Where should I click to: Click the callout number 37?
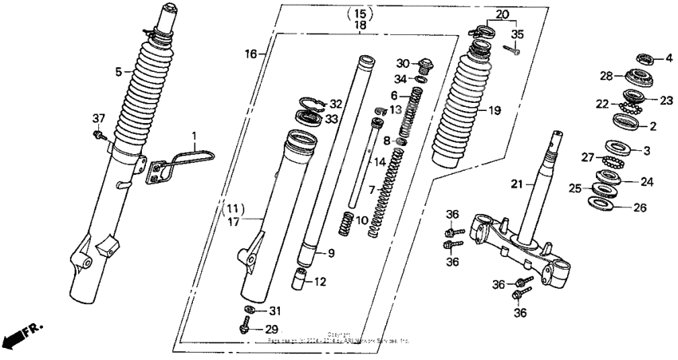98,119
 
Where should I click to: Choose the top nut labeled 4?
645,57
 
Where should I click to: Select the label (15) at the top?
361,14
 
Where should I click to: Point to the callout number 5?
118,71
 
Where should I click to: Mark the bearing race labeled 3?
615,148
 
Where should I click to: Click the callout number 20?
501,14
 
